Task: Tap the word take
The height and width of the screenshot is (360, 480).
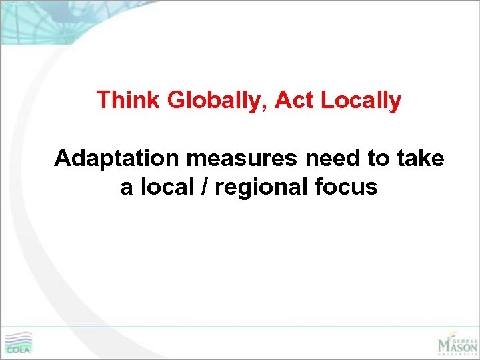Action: pos(421,159)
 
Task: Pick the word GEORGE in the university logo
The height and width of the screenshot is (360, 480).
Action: pos(467,335)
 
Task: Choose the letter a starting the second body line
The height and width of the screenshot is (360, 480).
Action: pos(126,189)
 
